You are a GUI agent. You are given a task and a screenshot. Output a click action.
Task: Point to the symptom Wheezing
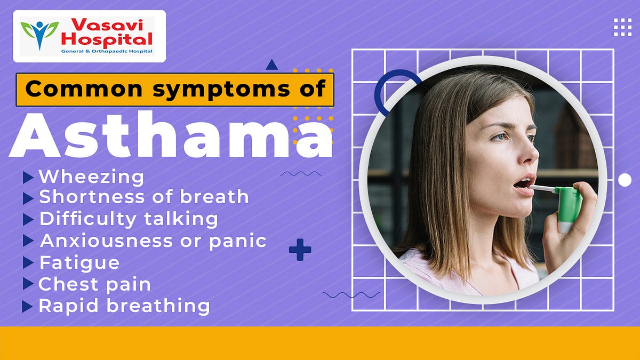click(x=91, y=177)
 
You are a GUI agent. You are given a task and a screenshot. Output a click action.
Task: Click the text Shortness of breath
click(x=143, y=197)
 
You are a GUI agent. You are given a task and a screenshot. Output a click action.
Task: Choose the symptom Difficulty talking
click(x=129, y=219)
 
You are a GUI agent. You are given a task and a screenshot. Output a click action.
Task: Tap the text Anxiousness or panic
click(x=153, y=241)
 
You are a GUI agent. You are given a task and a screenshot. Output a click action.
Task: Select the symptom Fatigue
click(x=79, y=262)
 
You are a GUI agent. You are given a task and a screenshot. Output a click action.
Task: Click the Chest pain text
click(x=94, y=284)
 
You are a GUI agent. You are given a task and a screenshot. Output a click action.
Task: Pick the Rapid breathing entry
click(x=124, y=306)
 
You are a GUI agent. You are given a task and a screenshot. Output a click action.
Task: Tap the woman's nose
click(x=528, y=155)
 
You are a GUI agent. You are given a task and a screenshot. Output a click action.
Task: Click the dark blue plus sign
click(x=300, y=250)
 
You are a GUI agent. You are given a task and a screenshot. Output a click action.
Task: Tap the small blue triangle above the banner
click(x=272, y=65)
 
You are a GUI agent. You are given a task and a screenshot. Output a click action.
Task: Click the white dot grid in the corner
click(x=622, y=27)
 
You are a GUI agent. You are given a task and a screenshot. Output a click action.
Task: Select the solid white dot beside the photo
click(x=625, y=180)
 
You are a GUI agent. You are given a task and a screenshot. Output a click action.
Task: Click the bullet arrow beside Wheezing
click(x=28, y=177)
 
